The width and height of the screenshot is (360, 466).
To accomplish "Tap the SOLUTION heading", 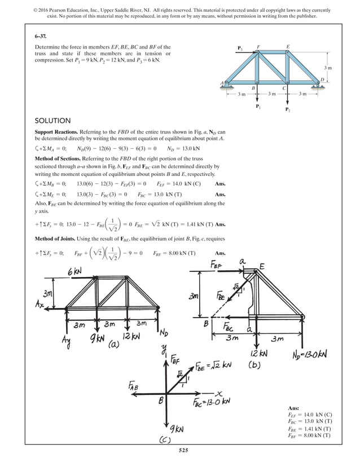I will pos(52,121).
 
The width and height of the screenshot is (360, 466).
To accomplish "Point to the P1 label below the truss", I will pos(257,107).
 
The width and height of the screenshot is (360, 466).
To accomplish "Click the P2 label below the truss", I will pos(288,109).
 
